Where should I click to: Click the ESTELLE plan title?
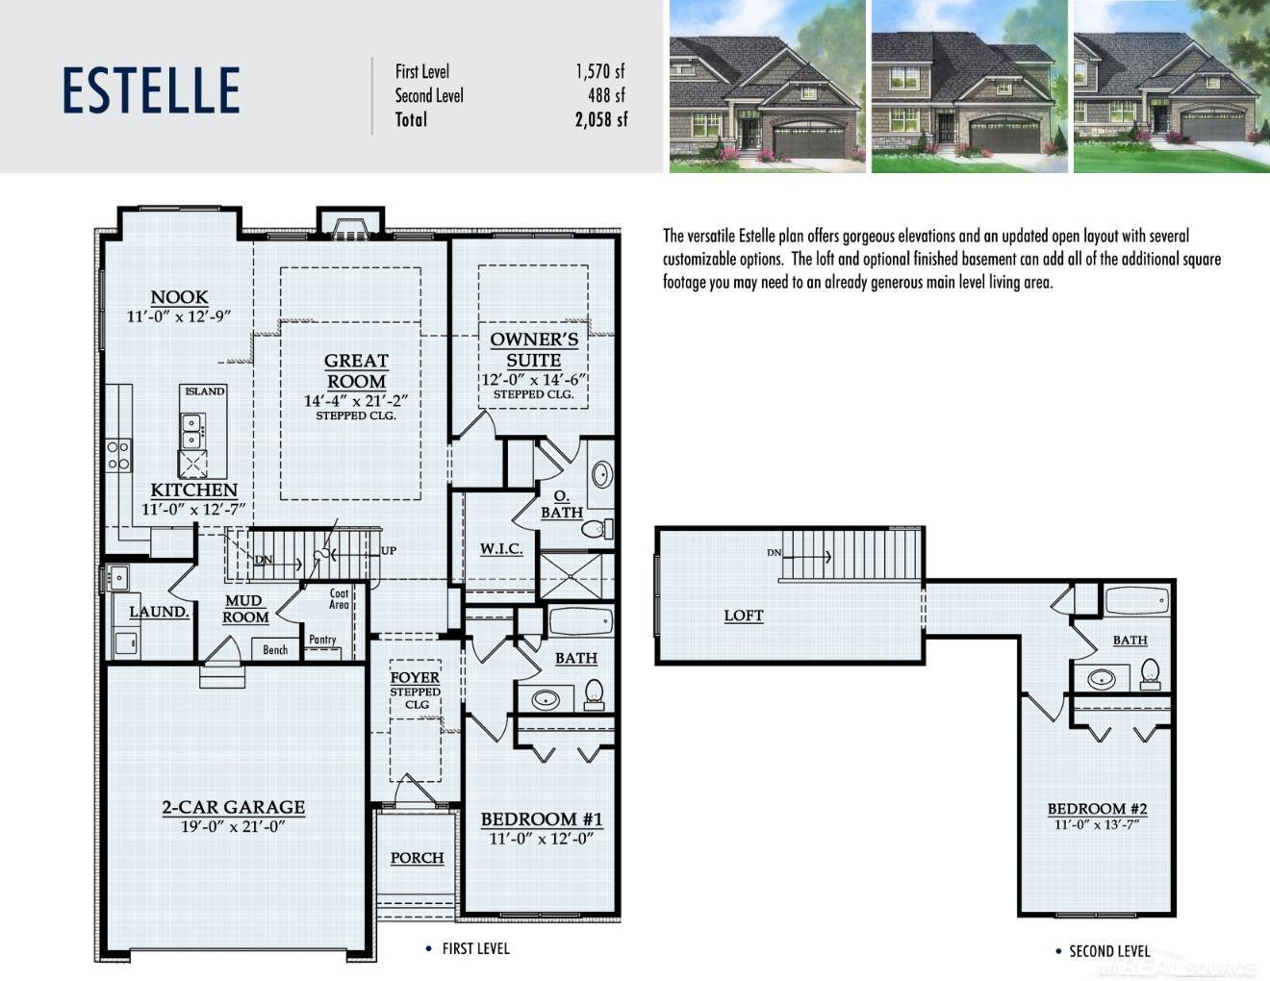tap(151, 89)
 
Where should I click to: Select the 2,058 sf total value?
tap(600, 120)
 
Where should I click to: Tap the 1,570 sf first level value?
tap(600, 71)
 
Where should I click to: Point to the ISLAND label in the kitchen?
tap(205, 390)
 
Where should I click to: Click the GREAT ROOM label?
tap(356, 371)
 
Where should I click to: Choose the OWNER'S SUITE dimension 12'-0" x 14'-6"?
tap(533, 380)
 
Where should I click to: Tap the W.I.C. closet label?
tap(501, 548)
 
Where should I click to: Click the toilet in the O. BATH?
tap(597, 529)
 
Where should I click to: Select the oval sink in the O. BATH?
tap(602, 474)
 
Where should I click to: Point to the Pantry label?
tap(322, 640)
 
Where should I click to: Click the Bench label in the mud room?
tap(275, 650)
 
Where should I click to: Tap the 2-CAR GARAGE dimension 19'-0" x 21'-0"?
tap(233, 826)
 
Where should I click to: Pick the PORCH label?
tap(418, 858)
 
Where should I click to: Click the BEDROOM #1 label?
tap(542, 819)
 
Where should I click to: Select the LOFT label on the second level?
tap(744, 616)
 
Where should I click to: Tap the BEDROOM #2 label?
tap(1097, 809)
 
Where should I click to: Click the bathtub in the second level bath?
tap(1137, 601)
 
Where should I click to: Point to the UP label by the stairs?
tap(389, 550)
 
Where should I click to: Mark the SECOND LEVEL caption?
tap(1109, 951)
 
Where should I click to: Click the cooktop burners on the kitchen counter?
tap(118, 456)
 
